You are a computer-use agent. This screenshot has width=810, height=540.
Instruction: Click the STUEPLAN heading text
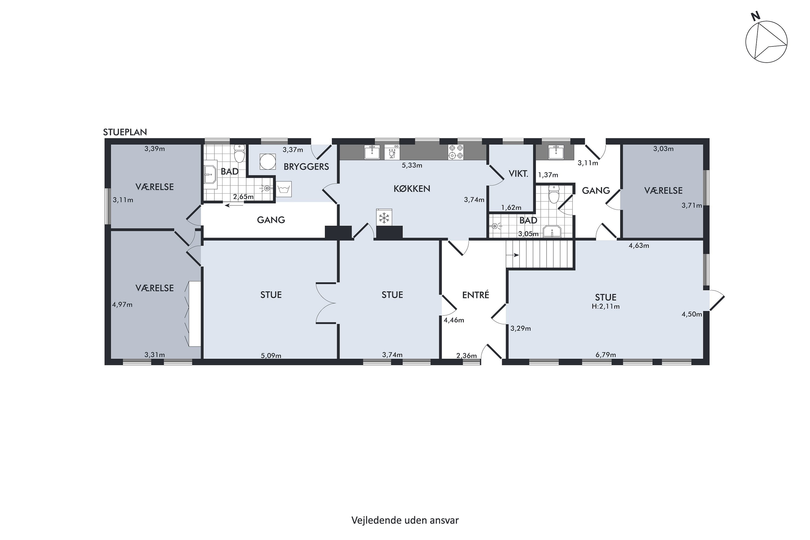pyautogui.click(x=125, y=132)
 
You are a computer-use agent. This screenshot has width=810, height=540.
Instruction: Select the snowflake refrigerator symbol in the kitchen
pyautogui.click(x=384, y=217)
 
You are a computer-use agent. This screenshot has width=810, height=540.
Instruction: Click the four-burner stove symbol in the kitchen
pyautogui.click(x=456, y=152)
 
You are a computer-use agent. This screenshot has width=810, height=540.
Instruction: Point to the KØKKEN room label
pyautogui.click(x=412, y=189)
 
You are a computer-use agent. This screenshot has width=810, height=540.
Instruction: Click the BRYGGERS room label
pyautogui.click(x=306, y=167)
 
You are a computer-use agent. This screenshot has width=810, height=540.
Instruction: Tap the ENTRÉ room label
pyautogui.click(x=475, y=295)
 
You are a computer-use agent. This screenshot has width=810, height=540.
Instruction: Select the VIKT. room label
pyautogui.click(x=519, y=174)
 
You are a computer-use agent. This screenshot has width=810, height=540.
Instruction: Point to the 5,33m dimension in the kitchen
pyautogui.click(x=412, y=165)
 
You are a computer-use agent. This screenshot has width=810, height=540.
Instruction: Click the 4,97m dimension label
pyautogui.click(x=122, y=305)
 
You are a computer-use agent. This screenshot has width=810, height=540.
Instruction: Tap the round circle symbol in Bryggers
pyautogui.click(x=268, y=161)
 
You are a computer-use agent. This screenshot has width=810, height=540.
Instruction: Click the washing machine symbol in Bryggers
pyautogui.click(x=284, y=189)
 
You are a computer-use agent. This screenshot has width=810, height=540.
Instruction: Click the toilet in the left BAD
pyautogui.click(x=239, y=153)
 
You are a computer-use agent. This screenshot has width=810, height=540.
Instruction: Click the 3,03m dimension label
pyautogui.click(x=663, y=149)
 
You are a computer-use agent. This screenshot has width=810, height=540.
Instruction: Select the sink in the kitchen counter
pyautogui.click(x=372, y=152)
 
